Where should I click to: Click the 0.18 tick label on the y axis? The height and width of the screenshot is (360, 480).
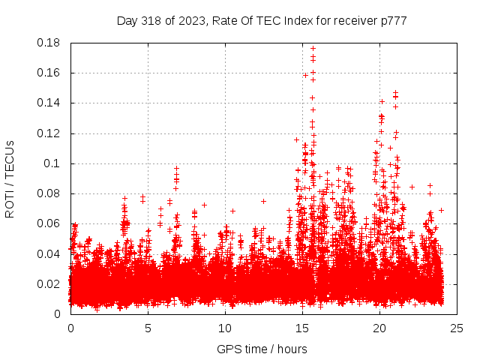point(50,43)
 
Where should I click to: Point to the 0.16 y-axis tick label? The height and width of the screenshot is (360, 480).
point(50,73)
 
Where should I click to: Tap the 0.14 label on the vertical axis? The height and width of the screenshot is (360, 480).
point(50,103)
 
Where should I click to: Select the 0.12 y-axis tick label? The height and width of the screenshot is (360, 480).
point(50,133)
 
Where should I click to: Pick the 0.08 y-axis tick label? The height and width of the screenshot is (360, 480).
point(50,193)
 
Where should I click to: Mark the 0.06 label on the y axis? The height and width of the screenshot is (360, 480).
point(50,223)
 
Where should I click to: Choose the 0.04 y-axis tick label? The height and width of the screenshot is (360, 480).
point(50,253)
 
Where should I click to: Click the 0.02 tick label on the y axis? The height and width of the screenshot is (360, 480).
point(50,283)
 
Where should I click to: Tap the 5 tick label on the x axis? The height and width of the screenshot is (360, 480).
point(148,328)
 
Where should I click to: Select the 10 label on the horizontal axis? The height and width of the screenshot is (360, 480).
point(225,328)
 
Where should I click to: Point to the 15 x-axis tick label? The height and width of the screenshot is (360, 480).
point(302,328)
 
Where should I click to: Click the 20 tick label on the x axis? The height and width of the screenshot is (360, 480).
point(379,328)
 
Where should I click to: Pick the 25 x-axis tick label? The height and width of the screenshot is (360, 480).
point(457,328)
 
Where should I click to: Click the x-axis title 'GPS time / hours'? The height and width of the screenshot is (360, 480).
point(262,349)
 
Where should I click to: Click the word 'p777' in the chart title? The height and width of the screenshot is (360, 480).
point(392,21)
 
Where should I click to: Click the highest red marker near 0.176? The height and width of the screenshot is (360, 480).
point(313,48)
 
